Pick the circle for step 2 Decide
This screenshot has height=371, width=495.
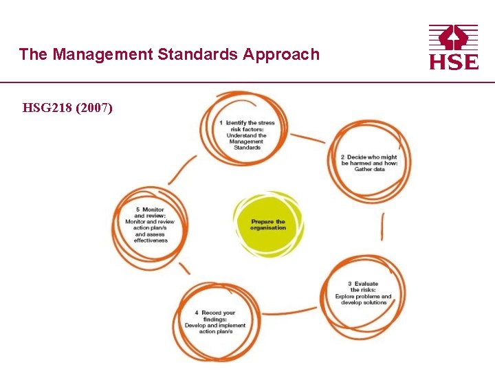369,163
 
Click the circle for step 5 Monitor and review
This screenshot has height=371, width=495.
151,225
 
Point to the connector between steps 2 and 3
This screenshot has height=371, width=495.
382,227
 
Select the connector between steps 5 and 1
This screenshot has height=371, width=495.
183,168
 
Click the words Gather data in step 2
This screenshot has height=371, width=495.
369,169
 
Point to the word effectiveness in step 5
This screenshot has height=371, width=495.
151,240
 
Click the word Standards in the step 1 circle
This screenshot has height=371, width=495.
247,148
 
